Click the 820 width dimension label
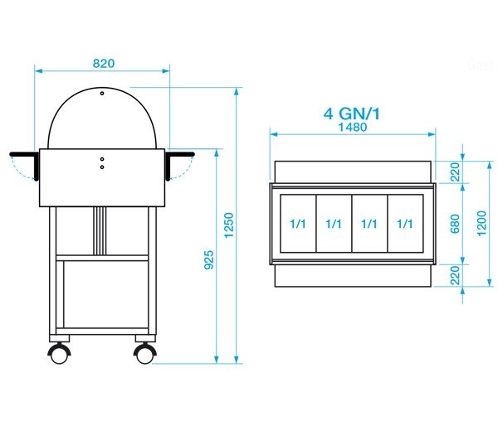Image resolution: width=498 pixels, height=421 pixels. (104, 64)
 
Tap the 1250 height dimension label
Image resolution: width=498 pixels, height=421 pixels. (229, 225)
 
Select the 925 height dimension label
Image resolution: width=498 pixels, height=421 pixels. (208, 260)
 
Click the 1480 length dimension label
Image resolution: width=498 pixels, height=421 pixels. (353, 127)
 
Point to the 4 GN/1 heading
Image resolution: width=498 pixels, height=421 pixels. (352, 114)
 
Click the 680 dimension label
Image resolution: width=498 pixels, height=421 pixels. (455, 224)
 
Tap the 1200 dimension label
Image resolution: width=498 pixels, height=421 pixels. (481, 224)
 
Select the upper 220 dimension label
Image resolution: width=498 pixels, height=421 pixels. (456, 172)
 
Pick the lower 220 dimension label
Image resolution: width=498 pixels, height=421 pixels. (456, 275)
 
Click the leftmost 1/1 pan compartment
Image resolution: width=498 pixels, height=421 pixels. (298, 224)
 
